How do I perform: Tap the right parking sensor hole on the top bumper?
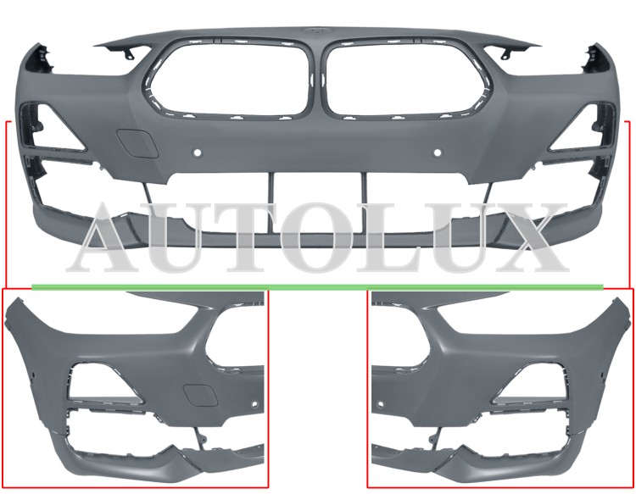point(438,153)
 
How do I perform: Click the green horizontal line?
point(318,286)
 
